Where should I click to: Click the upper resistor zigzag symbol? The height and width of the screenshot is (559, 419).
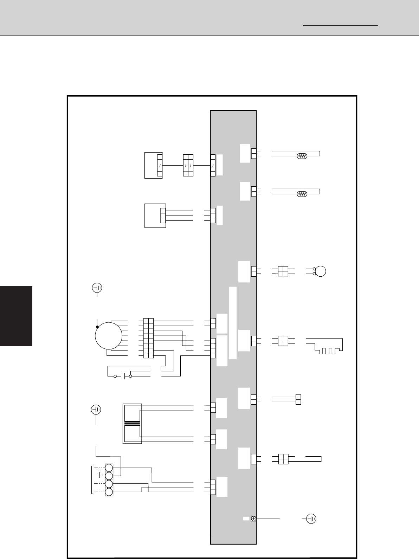[302, 155]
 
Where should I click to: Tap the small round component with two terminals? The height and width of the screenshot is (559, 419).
[321, 271]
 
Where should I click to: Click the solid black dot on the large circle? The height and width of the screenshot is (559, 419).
[97, 327]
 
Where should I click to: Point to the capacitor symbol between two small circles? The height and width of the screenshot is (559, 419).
[123, 377]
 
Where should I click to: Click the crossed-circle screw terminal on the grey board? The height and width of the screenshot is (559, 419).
[253, 519]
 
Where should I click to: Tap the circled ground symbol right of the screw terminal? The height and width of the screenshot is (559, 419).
[311, 519]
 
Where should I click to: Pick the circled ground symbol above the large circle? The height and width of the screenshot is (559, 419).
[97, 288]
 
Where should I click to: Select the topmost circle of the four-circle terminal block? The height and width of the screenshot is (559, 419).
[109, 468]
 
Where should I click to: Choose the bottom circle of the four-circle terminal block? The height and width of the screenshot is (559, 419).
[109, 492]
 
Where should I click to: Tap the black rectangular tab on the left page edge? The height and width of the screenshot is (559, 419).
[16, 316]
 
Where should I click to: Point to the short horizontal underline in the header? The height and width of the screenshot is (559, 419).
[340, 25]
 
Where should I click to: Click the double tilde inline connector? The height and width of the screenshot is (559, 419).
[188, 165]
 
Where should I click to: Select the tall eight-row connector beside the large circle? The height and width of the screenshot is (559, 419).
[148, 338]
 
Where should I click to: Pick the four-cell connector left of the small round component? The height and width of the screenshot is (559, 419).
[283, 271]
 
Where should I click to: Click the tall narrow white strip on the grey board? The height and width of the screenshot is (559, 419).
[232, 323]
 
